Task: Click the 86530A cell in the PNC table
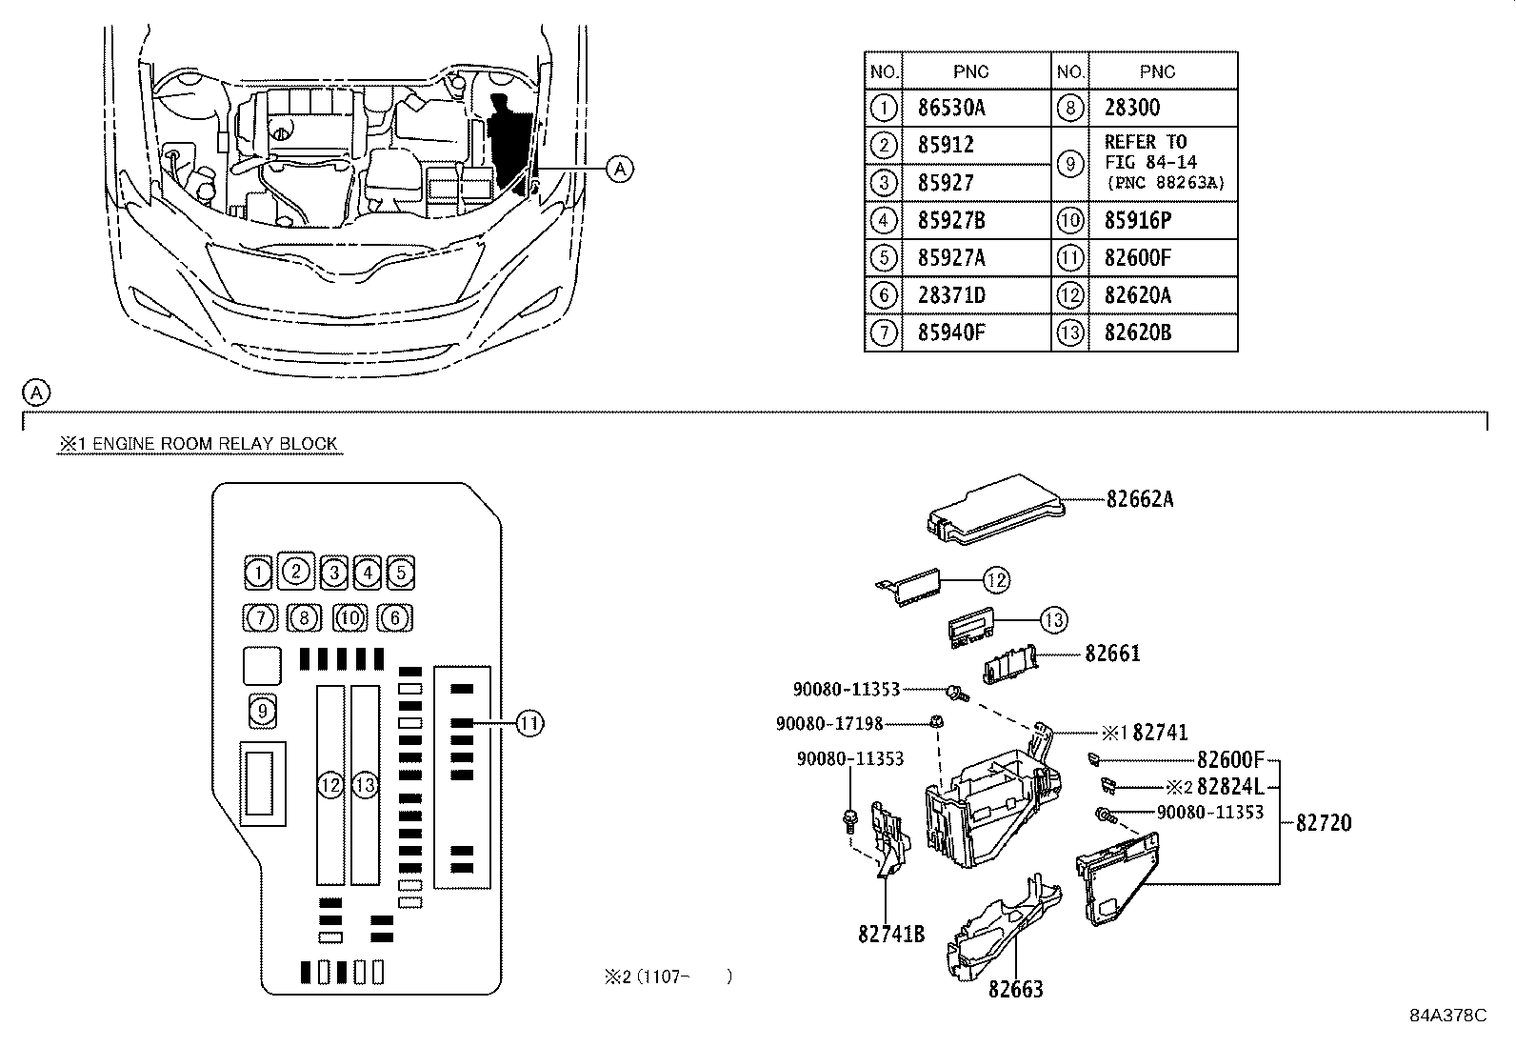(x=951, y=108)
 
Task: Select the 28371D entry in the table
(x=951, y=295)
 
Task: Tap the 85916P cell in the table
(x=1138, y=220)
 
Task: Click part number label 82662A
(x=1140, y=500)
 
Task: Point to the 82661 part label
(x=1112, y=654)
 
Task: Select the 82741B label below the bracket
(x=890, y=935)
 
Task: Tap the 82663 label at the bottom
(x=1016, y=990)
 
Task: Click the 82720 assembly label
(x=1324, y=823)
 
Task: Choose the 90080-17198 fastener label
(x=829, y=724)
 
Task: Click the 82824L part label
(x=1230, y=786)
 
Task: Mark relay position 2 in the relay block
(x=296, y=572)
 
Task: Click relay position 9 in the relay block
(x=263, y=711)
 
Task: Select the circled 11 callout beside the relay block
(x=529, y=723)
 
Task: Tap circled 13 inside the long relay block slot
(x=366, y=786)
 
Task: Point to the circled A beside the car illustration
(x=619, y=168)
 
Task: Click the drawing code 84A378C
(x=1448, y=1016)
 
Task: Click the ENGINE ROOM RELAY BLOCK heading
(x=214, y=444)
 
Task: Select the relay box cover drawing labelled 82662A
(x=995, y=510)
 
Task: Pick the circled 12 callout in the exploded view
(x=996, y=580)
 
